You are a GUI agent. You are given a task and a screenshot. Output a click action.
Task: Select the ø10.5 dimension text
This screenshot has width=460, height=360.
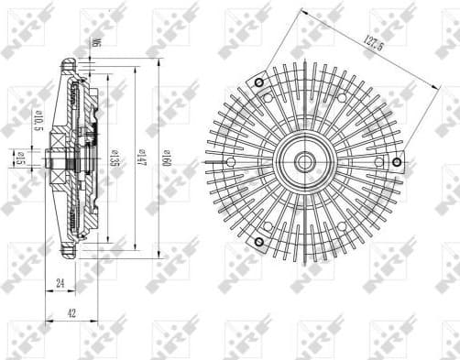[37, 120]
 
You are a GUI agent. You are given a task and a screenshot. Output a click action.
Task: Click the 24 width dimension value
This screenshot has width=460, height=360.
[59, 285]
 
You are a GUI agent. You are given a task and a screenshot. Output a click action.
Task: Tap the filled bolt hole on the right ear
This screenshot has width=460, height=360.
[397, 162]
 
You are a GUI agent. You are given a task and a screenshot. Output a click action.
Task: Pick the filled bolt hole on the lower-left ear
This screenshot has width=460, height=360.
[258, 242]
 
